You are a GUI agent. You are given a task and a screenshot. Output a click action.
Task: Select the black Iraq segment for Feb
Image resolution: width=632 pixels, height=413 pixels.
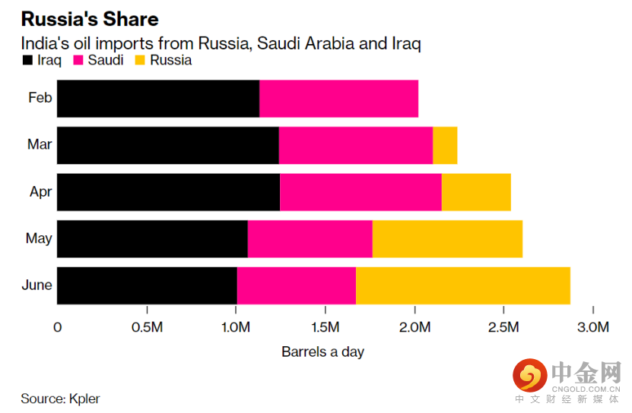point(157,98)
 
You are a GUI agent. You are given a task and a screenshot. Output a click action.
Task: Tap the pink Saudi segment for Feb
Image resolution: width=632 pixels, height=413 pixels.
point(338,98)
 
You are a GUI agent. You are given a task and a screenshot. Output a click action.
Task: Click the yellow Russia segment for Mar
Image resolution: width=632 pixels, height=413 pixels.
point(445,145)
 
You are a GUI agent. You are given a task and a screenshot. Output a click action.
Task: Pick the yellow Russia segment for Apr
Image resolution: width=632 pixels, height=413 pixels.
point(476,192)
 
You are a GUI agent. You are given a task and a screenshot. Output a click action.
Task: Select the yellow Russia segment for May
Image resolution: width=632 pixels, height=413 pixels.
point(447,239)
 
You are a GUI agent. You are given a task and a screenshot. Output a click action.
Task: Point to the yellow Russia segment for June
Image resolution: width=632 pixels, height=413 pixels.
point(462,286)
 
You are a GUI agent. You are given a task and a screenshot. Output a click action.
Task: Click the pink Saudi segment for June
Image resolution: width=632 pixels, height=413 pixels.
point(296,286)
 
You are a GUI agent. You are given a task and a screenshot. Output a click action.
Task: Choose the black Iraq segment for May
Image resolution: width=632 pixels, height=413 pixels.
point(152,239)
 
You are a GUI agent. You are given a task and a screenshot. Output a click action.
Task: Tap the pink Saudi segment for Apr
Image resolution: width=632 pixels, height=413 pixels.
point(360,192)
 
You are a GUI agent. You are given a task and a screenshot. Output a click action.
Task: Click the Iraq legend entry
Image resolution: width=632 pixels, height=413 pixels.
point(43,60)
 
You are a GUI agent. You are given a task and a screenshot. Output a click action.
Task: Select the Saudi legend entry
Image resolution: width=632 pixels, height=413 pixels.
point(99,60)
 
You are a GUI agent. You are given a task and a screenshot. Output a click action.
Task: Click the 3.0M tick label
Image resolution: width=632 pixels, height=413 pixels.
point(592,327)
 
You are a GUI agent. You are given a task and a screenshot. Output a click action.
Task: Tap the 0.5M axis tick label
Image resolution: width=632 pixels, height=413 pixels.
point(147,327)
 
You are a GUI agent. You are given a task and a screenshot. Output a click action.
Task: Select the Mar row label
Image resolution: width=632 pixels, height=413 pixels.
point(40,144)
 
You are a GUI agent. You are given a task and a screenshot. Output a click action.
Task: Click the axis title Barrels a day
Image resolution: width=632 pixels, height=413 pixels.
point(322,352)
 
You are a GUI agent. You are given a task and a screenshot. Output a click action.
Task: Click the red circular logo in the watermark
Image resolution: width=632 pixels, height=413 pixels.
point(529,374)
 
